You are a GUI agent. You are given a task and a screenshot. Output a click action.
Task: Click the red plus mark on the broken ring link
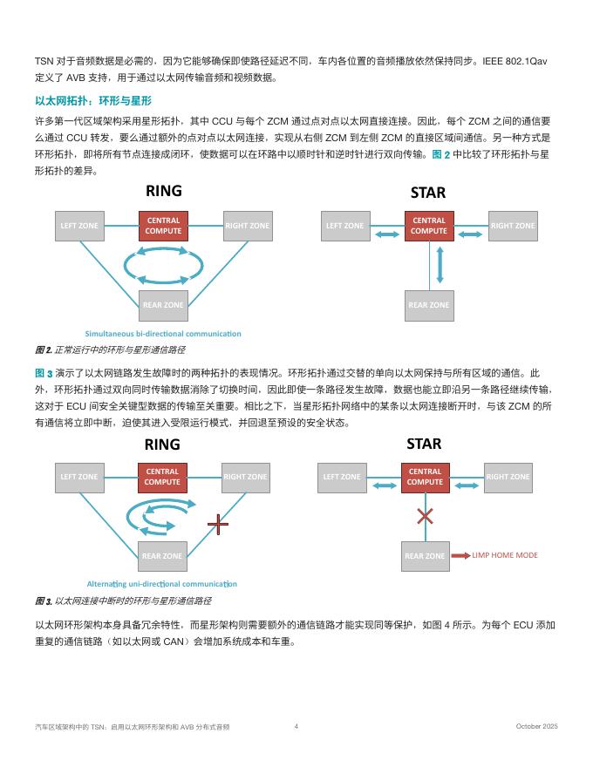tap(218, 524)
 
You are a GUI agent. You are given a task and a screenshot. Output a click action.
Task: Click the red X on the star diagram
tap(425, 515)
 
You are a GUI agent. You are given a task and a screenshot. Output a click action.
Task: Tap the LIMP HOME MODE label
tap(505, 555)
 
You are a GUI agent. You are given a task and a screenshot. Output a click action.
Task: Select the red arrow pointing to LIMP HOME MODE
tap(460, 555)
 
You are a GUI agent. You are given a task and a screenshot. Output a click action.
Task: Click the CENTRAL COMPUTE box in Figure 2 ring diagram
tap(163, 226)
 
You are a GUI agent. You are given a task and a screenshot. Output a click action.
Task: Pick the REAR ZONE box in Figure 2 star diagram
tap(429, 305)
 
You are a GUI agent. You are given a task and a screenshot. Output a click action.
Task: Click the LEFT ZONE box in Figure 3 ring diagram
tap(78, 477)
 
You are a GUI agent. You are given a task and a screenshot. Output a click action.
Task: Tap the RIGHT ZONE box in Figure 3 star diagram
tap(508, 477)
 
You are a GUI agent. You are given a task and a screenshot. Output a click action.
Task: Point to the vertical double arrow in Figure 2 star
tap(440, 264)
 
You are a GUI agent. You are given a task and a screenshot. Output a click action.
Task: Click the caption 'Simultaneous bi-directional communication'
tap(163, 334)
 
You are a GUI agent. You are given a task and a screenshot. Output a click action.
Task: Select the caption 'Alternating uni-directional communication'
tap(162, 584)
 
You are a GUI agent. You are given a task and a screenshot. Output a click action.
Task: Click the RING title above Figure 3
tap(162, 444)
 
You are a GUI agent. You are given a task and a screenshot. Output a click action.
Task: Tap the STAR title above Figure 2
tap(427, 193)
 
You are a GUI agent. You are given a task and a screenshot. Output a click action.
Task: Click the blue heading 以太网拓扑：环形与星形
tap(93, 101)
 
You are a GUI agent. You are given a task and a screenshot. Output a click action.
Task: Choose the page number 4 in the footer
tap(296, 726)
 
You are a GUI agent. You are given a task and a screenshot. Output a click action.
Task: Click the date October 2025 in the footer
tap(536, 726)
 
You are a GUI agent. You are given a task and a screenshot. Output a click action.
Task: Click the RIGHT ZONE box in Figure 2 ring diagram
tap(248, 226)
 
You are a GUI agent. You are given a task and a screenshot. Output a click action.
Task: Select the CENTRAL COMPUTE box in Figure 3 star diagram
tap(425, 477)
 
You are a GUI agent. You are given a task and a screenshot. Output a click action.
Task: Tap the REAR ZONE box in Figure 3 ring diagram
tap(162, 556)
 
